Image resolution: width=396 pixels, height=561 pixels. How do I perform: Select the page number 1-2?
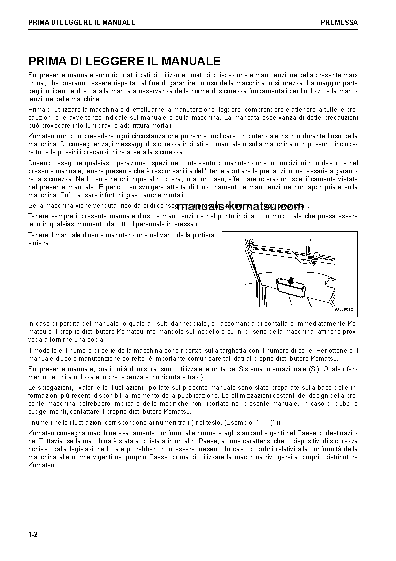coord(33,535)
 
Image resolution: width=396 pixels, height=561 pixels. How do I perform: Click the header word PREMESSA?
coord(339,22)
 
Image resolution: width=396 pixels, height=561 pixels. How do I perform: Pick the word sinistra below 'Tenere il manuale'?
coord(39,243)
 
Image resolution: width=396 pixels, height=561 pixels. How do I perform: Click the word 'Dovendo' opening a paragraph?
coord(40,163)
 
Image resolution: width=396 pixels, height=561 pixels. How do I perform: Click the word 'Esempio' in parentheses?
coord(239,422)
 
